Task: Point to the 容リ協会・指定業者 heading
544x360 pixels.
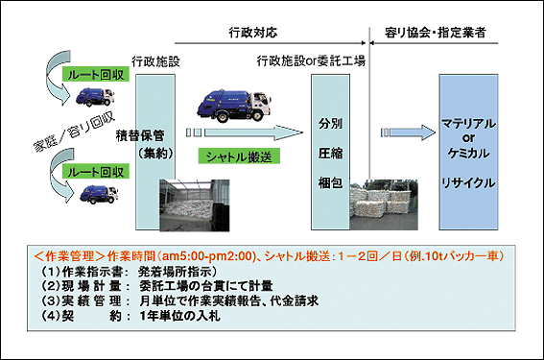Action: pyautogui.click(x=440, y=32)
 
